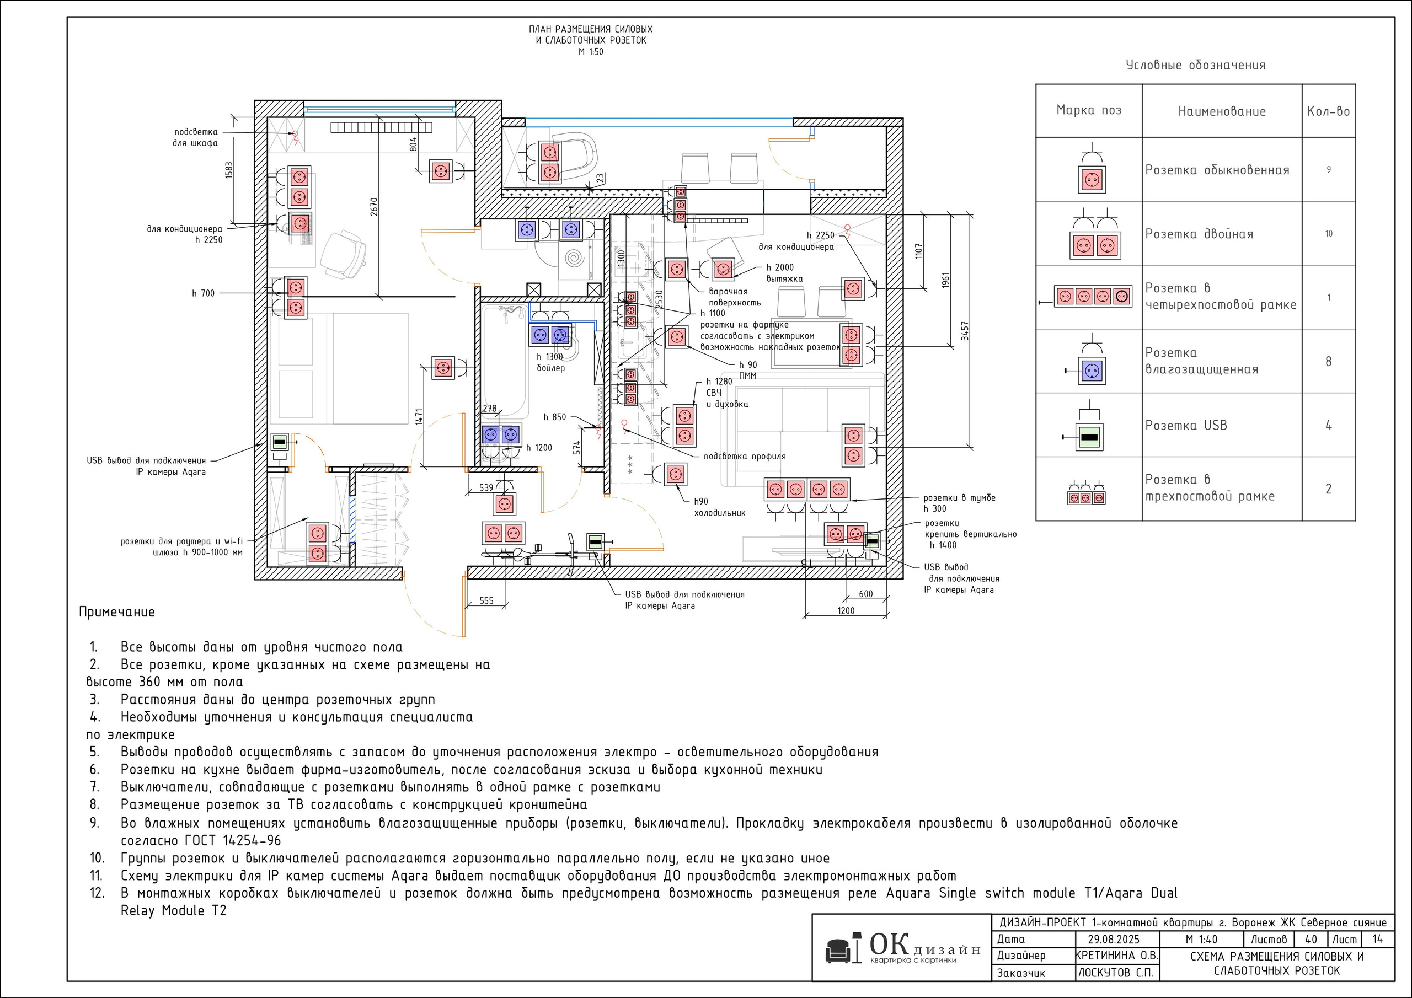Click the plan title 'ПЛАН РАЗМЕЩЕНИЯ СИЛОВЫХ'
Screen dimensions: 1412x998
(590, 29)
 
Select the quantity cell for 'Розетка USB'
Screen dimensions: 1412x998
(1328, 426)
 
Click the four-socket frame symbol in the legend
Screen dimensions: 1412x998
(1093, 297)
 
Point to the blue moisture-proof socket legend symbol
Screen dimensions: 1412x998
(1092, 371)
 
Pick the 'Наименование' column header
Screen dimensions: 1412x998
(1222, 111)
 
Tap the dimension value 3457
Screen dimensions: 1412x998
(965, 331)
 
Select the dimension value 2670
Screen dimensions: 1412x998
(374, 207)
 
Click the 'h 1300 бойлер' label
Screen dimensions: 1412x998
(550, 362)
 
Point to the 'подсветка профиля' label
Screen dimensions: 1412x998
(745, 456)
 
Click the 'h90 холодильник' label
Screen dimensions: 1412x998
(720, 507)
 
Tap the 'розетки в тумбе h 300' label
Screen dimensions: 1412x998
(959, 503)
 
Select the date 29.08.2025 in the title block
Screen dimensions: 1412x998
(1114, 940)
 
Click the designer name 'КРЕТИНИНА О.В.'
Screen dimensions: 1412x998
(1117, 956)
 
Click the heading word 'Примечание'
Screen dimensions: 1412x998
(117, 613)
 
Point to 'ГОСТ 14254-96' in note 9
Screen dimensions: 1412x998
(233, 841)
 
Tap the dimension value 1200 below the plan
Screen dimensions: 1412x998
(846, 610)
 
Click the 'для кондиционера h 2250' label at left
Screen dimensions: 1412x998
(184, 234)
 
